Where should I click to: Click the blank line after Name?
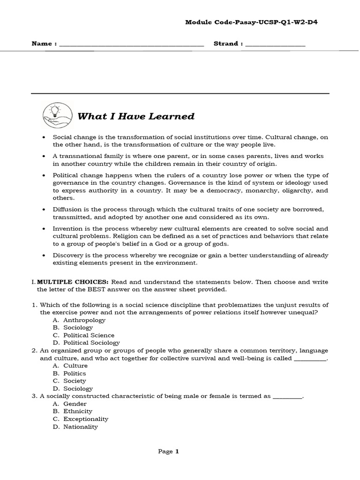(132, 45)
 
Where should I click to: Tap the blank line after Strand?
(275, 45)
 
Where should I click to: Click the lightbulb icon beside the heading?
(54, 114)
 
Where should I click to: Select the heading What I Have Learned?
(135, 116)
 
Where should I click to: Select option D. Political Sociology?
(86, 343)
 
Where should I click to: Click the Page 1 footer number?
(169, 451)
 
